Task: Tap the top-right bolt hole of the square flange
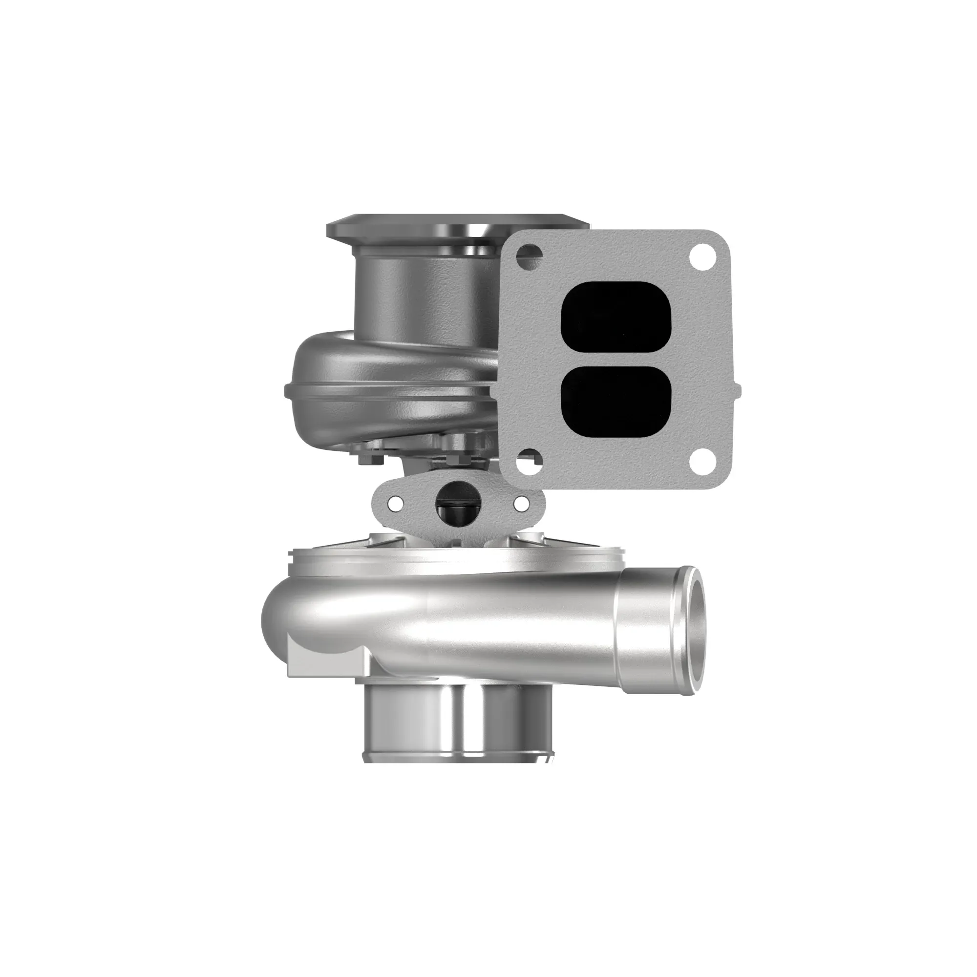pos(704,253)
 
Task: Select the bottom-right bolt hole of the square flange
pos(704,461)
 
